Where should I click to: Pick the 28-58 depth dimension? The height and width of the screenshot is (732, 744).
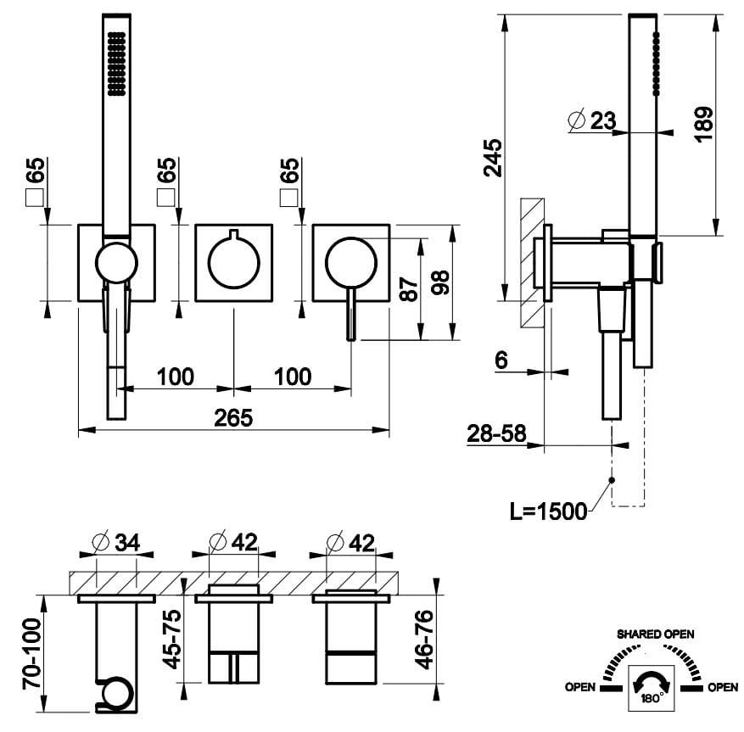[496, 433]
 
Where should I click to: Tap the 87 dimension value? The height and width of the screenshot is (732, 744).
[409, 291]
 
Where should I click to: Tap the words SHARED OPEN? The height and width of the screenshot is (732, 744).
[655, 634]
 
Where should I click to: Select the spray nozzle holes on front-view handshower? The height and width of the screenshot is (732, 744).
[116, 63]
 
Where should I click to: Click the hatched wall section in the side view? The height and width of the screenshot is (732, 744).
[532, 263]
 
